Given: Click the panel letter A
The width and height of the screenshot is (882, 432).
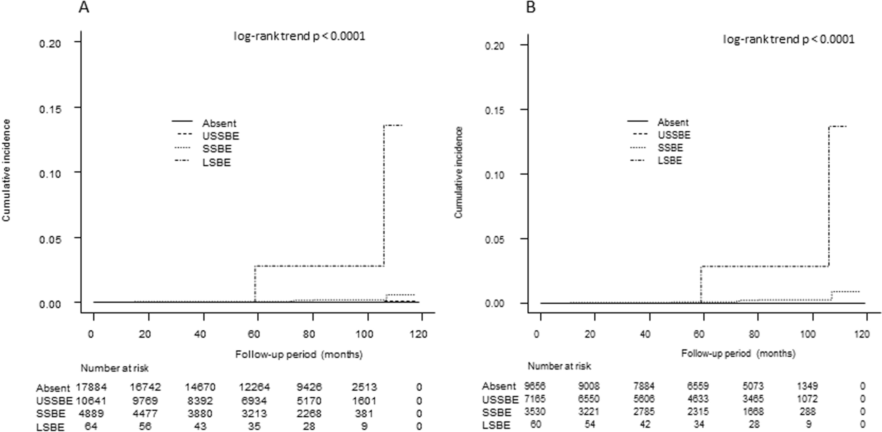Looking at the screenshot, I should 84,7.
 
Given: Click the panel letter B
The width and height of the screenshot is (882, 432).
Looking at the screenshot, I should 531,7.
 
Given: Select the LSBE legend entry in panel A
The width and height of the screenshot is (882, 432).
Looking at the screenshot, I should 216,163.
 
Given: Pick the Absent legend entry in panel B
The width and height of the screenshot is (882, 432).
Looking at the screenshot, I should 673,122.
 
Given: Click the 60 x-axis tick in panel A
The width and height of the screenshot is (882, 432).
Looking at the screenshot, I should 254,334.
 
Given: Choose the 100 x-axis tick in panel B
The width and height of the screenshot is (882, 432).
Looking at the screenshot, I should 808,334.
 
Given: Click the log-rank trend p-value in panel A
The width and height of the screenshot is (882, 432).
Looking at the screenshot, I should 300,36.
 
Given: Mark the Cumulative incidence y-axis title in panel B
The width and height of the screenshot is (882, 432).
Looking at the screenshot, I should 459,173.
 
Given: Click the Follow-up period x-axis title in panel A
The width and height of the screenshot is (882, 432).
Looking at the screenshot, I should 299,355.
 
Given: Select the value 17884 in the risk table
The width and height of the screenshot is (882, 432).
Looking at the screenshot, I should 92,387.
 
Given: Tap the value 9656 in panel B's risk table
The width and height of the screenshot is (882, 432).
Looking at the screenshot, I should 535,386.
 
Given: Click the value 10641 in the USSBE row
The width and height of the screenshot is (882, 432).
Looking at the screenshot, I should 92,400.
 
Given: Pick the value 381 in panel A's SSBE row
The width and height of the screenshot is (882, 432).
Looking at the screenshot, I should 364,413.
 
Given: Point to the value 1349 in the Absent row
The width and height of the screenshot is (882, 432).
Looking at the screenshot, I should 808,386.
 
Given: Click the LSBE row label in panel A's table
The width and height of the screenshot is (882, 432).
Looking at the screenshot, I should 50,427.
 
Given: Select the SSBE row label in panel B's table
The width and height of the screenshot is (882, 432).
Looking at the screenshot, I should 496,412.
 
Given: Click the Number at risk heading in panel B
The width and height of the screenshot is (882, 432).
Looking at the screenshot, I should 559,366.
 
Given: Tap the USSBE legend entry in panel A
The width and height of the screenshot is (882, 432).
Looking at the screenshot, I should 221,136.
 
